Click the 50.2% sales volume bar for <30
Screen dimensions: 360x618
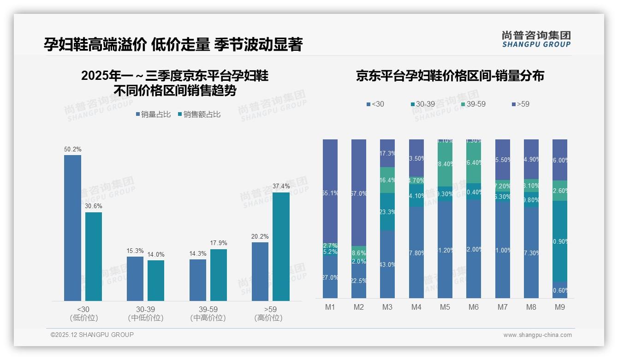click(x=72, y=228)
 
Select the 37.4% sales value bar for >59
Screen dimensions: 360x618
click(x=281, y=246)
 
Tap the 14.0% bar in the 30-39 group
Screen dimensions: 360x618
click(x=156, y=281)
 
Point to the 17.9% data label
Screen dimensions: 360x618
click(x=219, y=243)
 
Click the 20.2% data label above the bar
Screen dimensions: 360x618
click(x=260, y=236)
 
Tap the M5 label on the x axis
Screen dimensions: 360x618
click(x=445, y=307)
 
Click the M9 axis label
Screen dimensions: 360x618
click(x=560, y=307)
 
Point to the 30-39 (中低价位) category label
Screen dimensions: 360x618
click(x=146, y=313)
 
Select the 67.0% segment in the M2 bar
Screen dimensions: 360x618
click(x=359, y=193)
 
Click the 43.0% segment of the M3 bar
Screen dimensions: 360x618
click(x=387, y=264)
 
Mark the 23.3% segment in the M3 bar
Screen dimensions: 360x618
click(x=387, y=212)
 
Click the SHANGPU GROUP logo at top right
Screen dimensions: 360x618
click(x=536, y=39)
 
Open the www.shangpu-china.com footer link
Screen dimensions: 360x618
click(x=537, y=335)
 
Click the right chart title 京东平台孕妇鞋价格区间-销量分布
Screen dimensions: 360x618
click(x=450, y=76)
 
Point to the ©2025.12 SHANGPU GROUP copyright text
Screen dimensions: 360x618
click(x=92, y=335)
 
